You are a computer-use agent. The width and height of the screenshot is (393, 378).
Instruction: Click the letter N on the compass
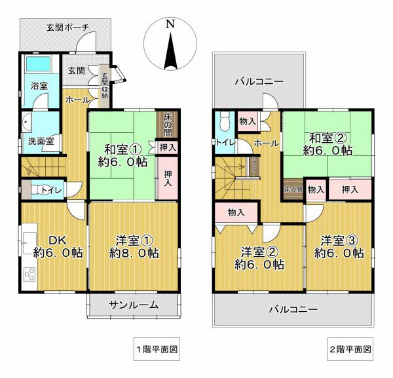click(170, 24)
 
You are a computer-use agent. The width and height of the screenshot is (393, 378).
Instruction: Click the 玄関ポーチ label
click(67, 27)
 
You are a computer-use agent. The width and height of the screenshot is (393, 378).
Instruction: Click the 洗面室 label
click(40, 141)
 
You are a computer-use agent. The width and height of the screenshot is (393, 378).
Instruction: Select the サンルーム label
click(134, 304)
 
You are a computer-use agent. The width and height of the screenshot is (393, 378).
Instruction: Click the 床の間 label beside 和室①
click(168, 124)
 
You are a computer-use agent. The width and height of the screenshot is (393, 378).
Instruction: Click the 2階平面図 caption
click(350, 349)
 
